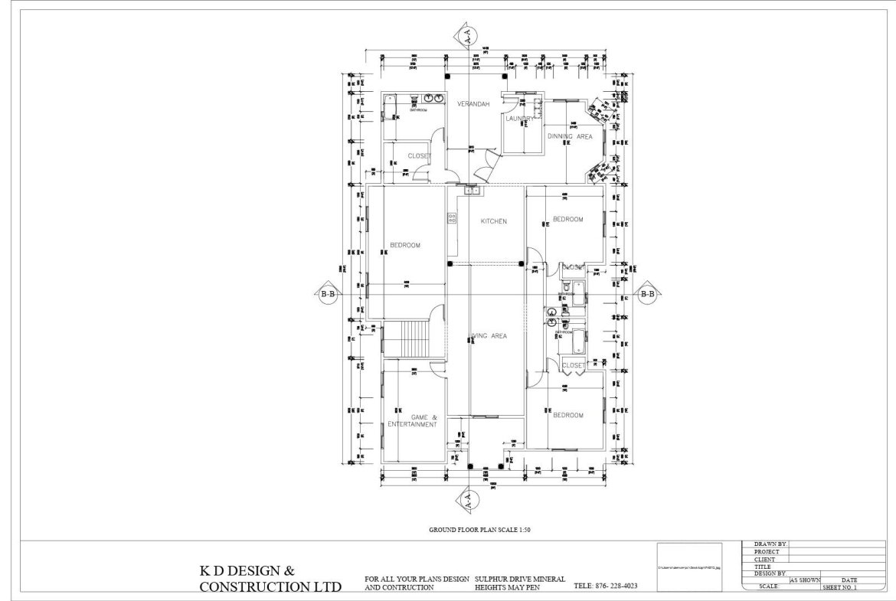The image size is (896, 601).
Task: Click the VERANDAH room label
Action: pyautogui.click(x=473, y=104)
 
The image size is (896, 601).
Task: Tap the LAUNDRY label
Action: pyautogui.click(x=520, y=119)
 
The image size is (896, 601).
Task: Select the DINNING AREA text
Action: pyautogui.click(x=570, y=136)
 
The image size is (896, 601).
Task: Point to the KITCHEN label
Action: pyautogui.click(x=493, y=221)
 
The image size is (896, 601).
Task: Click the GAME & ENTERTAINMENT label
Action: pyautogui.click(x=413, y=420)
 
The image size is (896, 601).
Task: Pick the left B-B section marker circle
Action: pyautogui.click(x=328, y=293)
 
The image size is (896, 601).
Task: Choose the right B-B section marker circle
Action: pyautogui.click(x=647, y=293)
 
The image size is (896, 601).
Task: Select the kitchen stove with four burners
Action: pyautogui.click(x=452, y=220)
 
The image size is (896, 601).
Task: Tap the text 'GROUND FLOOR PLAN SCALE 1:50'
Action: pyautogui.click(x=479, y=530)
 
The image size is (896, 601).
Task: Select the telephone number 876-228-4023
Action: pyautogui.click(x=605, y=586)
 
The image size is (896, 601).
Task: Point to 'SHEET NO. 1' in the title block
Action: pyautogui.click(x=839, y=587)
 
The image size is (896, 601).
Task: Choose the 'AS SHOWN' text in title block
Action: pyautogui.click(x=804, y=580)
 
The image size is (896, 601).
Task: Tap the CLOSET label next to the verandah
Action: pyautogui.click(x=419, y=156)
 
